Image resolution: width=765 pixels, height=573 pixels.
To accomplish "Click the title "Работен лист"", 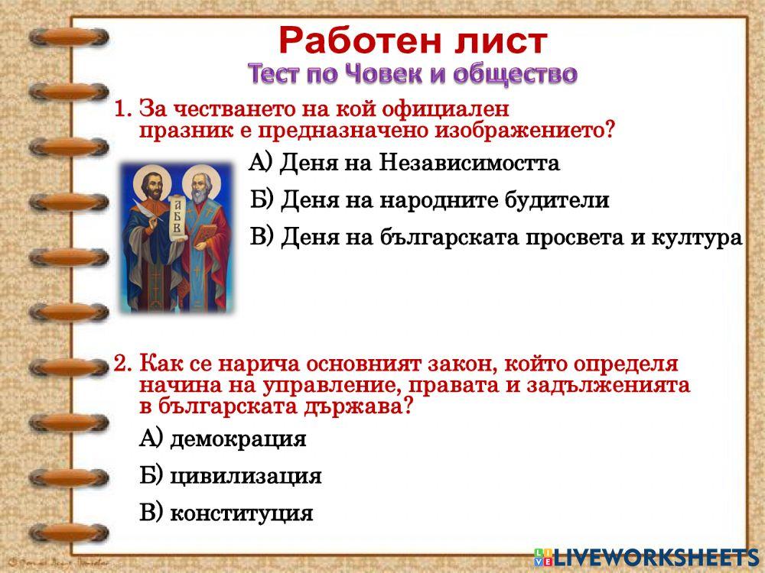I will point(412,41).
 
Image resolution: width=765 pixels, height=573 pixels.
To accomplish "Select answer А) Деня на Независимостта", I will point(405,163).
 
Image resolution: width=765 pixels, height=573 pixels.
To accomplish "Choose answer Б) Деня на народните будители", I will point(429,201).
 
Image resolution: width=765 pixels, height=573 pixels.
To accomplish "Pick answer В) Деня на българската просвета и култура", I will point(496,238).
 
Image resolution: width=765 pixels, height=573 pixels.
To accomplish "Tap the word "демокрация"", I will point(237,440).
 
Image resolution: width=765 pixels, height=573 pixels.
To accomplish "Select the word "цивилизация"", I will point(245,477).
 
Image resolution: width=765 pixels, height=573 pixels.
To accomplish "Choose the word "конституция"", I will point(241,513).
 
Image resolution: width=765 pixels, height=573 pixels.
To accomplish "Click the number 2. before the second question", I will point(123,364).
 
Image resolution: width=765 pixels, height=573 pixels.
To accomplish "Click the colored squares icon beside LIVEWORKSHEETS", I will point(542,557).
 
